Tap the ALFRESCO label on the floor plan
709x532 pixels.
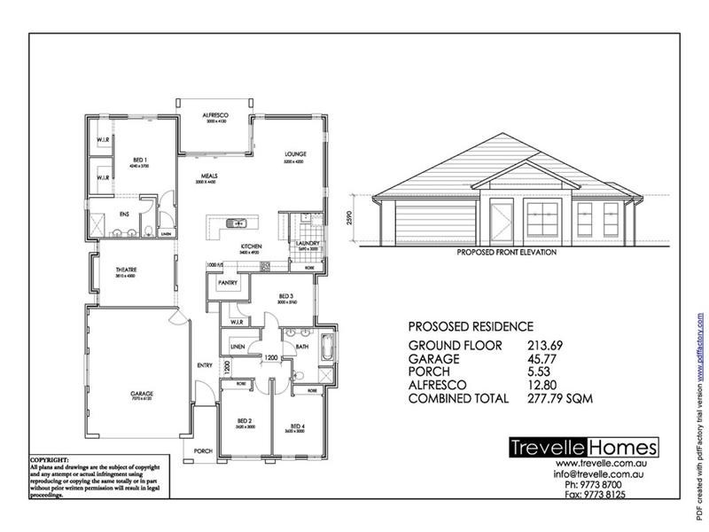[x=216, y=116]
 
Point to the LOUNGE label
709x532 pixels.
[x=293, y=154]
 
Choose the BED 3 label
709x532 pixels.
[x=285, y=295]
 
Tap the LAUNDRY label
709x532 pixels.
[x=308, y=242]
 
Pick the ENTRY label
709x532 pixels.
[x=205, y=364]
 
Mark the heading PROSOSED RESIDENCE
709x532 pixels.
[x=471, y=325]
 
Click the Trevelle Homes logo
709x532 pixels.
[x=583, y=448]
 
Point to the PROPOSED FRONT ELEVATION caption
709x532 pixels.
[x=506, y=252]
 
